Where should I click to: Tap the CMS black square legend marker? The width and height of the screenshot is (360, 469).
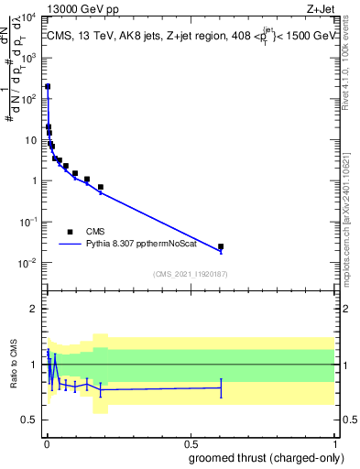coord(70,232)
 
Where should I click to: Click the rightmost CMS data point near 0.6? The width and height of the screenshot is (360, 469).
coord(221,246)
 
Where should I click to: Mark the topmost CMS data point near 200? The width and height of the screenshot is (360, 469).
coord(48,86)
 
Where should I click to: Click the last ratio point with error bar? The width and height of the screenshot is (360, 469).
coord(221,387)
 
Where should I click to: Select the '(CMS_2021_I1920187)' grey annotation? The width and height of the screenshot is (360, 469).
coord(190,273)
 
